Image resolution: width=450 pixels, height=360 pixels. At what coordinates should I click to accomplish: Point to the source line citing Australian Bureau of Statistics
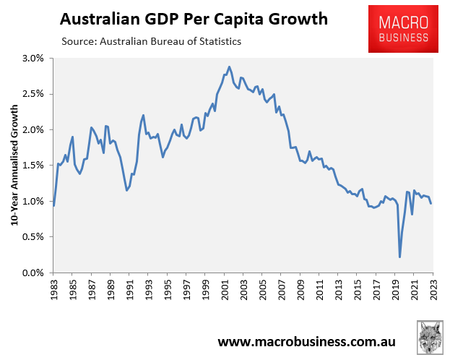coord(152,41)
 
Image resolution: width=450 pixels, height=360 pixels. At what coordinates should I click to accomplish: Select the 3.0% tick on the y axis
coord(33,58)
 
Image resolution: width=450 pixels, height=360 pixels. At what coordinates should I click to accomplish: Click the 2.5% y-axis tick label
coord(33,94)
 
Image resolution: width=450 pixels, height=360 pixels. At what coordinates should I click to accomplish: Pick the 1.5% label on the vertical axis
coord(33,166)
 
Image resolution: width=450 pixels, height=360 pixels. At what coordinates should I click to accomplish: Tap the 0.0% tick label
coord(33,273)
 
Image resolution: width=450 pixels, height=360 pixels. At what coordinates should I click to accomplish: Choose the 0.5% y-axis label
coord(33,237)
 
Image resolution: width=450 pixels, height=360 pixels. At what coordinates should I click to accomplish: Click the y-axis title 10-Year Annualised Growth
coord(14,166)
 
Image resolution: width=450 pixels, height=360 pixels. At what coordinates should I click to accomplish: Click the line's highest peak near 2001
coord(229,67)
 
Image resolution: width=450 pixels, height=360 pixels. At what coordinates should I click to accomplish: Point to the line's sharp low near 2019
coord(399,257)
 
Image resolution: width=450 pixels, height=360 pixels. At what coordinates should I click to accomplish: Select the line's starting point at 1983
coord(54,206)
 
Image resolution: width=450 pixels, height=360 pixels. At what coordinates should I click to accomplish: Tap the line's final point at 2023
coord(431,203)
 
